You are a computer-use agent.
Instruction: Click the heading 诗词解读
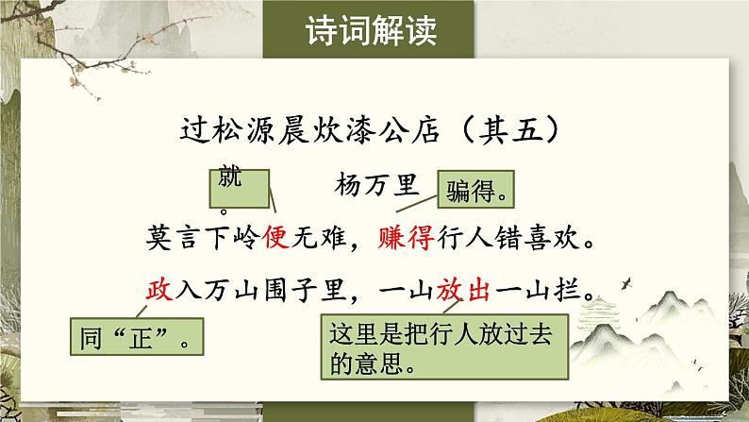pos(371,31)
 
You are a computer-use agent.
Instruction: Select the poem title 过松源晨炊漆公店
pos(309,130)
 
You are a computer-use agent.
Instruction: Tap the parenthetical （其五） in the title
pos(510,130)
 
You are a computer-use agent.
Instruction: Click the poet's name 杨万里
pos(377,184)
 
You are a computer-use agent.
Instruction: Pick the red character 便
pos(275,237)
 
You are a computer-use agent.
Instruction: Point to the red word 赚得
pos(406,237)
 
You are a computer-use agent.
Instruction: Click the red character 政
pos(159,290)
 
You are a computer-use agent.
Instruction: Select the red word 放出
pos(463,290)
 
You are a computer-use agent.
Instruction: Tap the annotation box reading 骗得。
pos(475,189)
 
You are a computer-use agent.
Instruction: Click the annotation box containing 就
pos(240,189)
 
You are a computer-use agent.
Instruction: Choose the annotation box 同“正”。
pos(137,336)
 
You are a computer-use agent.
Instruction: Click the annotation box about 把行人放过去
pos(444,346)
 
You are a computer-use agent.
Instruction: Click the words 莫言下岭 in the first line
pos(204,237)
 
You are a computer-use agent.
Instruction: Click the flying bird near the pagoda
pos(626,283)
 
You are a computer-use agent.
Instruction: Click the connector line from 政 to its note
pos(141,312)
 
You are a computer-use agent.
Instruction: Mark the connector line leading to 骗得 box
pos(417,204)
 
